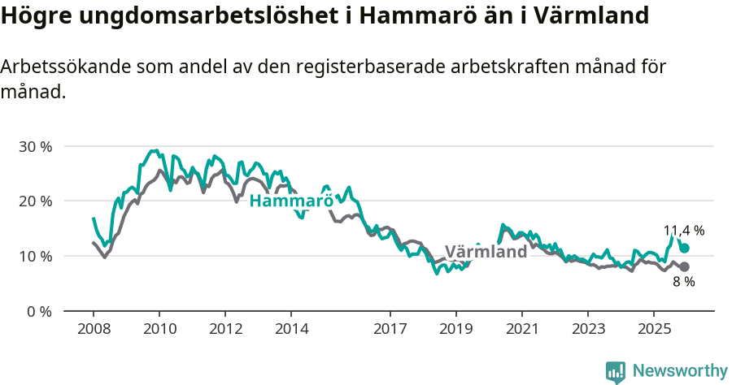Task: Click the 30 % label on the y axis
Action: tap(35, 146)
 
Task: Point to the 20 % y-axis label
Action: tap(35, 201)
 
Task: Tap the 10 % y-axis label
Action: tap(35, 256)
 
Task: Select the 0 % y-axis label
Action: tap(38, 311)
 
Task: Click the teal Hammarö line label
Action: tap(291, 201)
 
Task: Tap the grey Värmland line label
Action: tap(486, 252)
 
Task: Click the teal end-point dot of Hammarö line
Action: tap(685, 249)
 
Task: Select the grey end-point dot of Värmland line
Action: tap(685, 266)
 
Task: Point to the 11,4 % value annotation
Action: tap(684, 231)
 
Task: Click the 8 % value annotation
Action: tap(684, 282)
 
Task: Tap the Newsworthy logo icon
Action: tap(616, 371)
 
